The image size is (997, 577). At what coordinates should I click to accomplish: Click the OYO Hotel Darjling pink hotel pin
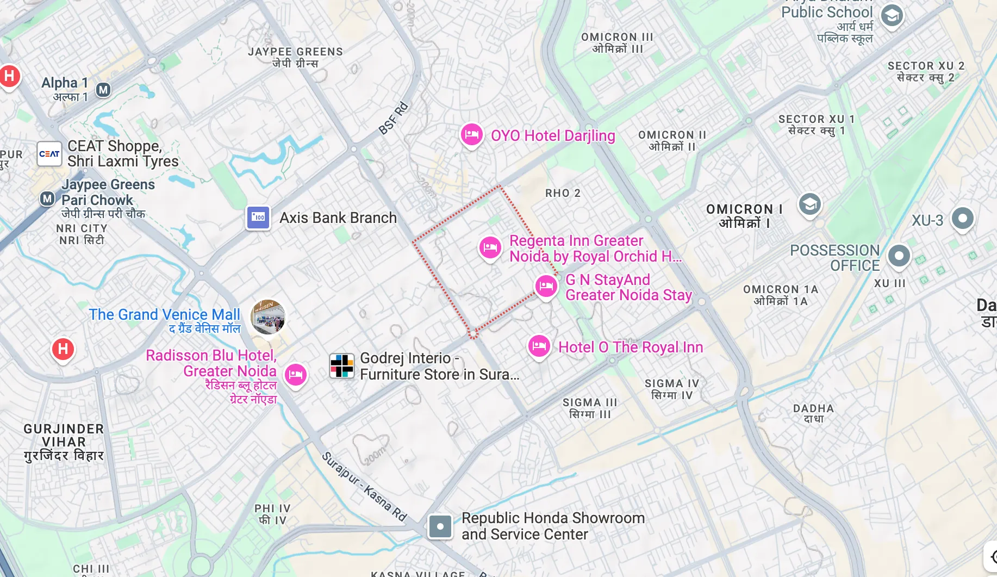click(471, 134)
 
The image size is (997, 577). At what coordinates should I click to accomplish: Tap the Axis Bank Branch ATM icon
click(258, 218)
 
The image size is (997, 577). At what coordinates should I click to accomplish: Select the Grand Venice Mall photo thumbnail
click(268, 317)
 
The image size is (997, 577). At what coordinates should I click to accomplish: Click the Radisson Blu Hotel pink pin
click(296, 374)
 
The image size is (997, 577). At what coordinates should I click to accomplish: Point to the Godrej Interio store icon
click(342, 365)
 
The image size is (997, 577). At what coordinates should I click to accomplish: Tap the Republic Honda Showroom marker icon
click(440, 526)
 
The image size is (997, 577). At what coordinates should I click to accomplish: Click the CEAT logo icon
click(49, 154)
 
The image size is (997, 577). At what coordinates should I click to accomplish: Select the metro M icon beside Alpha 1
click(103, 90)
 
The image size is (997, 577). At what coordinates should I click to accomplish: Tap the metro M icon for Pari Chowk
click(48, 198)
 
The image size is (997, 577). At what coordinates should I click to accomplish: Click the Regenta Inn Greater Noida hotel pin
click(490, 247)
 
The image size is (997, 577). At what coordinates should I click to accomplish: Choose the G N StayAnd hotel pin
click(546, 286)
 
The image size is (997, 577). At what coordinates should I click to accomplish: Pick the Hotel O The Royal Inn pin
click(539, 345)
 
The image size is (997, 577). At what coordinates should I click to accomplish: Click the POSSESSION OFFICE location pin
click(899, 256)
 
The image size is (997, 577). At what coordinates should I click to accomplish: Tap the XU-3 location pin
click(962, 219)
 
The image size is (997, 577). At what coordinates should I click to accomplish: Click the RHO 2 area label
click(563, 193)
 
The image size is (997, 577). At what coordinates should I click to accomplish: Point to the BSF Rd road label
click(393, 118)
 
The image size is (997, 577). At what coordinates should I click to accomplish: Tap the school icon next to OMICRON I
click(809, 204)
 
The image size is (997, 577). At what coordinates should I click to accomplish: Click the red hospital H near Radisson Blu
click(63, 349)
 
